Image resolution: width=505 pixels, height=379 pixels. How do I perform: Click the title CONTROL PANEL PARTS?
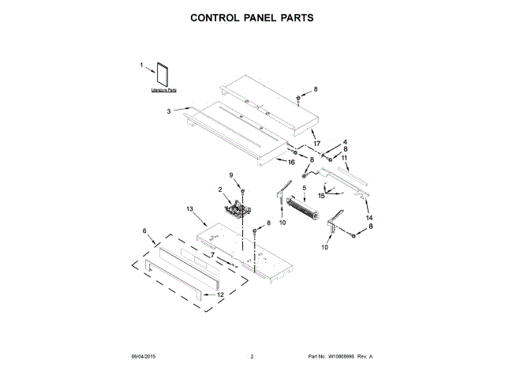[252, 17]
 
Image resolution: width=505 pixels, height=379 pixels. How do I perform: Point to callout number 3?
[168, 111]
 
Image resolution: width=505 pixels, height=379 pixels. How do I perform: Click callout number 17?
[317, 143]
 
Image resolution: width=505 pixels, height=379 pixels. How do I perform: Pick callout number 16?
[291, 162]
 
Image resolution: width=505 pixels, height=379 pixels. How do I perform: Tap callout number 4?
[344, 142]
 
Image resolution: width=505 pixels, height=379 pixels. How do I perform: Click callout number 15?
[322, 194]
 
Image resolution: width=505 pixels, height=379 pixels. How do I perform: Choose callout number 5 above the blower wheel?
[302, 187]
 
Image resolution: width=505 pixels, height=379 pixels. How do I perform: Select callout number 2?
[220, 189]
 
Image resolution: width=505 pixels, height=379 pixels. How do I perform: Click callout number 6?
[144, 231]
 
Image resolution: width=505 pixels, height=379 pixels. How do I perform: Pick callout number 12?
[220, 295]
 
